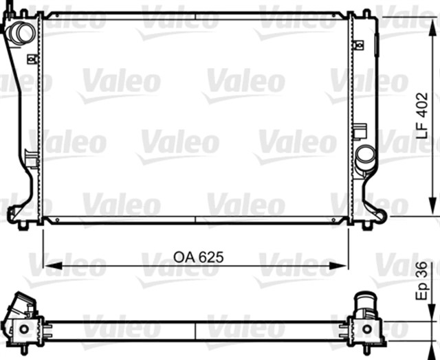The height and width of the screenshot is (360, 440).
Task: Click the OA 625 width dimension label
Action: point(198,257)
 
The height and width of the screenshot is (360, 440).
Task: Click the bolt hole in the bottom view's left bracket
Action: point(24,328)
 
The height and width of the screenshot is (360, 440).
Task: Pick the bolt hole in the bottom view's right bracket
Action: point(364,328)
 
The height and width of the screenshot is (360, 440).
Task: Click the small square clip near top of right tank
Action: point(357,45)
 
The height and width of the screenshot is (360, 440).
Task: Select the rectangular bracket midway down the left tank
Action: point(31,160)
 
